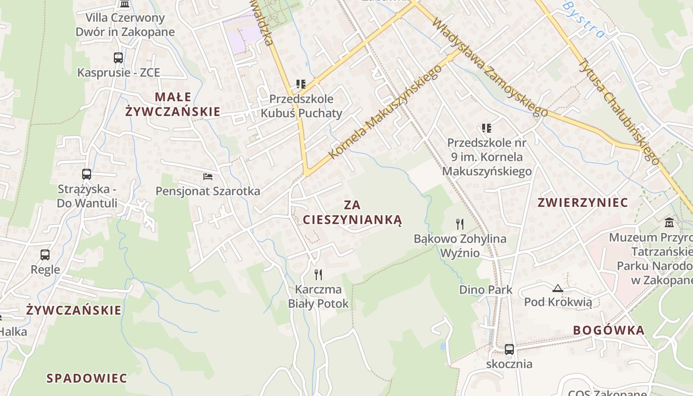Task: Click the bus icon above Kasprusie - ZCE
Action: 118,58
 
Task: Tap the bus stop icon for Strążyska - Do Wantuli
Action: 87,174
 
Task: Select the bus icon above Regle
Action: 45,255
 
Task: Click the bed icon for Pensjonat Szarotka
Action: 208,176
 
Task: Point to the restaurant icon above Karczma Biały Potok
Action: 318,274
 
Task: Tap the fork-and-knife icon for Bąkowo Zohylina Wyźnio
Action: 460,224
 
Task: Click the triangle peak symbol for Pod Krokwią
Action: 558,288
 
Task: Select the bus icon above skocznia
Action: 509,349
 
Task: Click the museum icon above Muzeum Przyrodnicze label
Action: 670,222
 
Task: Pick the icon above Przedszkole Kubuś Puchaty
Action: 301,84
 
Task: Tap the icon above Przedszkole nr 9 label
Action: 487,128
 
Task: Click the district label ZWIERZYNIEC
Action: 583,202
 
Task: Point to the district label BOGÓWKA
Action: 609,330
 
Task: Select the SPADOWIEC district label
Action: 87,378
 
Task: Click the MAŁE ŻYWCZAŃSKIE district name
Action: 172,104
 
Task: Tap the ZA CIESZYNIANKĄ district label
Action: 352,212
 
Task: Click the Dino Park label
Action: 486,290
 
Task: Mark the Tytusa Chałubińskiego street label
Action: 619,111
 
